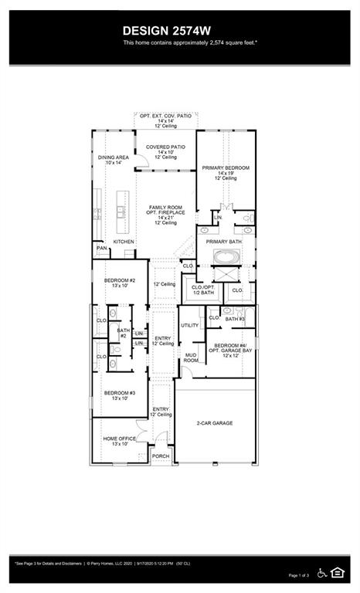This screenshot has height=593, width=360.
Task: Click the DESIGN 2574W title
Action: click(179, 29)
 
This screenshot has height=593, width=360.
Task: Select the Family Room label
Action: click(165, 208)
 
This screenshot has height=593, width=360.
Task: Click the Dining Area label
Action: click(113, 158)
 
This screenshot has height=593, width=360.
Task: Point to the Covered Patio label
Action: click(165, 147)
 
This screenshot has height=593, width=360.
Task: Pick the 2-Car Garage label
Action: click(215, 423)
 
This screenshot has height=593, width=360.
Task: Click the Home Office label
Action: click(120, 439)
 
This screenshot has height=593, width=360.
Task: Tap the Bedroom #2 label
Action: click(120, 280)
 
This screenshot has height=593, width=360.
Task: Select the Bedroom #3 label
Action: click(120, 393)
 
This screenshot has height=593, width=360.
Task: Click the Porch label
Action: click(161, 456)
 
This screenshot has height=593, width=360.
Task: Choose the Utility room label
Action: click(190, 325)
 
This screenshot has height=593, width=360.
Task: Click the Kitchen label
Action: click(124, 242)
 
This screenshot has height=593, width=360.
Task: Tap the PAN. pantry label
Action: click(101, 249)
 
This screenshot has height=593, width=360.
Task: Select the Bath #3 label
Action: click(235, 318)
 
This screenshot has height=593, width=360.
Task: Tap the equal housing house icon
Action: click(338, 572)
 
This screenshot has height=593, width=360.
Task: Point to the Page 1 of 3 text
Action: click(298, 575)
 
